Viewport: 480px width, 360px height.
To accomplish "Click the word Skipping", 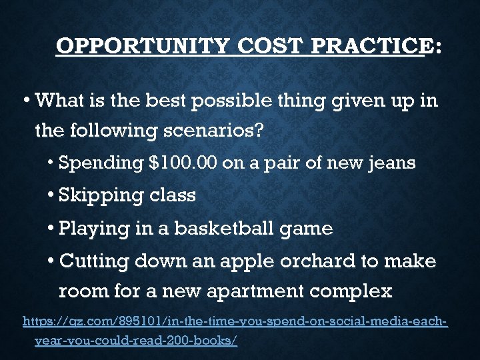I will [101, 196].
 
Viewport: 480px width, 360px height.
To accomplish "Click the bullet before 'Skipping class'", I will [51, 196].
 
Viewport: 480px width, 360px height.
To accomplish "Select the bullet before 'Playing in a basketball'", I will [51, 229].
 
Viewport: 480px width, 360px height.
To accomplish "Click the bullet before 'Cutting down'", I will [51, 261].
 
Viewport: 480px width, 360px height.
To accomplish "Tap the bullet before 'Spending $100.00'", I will [51, 163].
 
